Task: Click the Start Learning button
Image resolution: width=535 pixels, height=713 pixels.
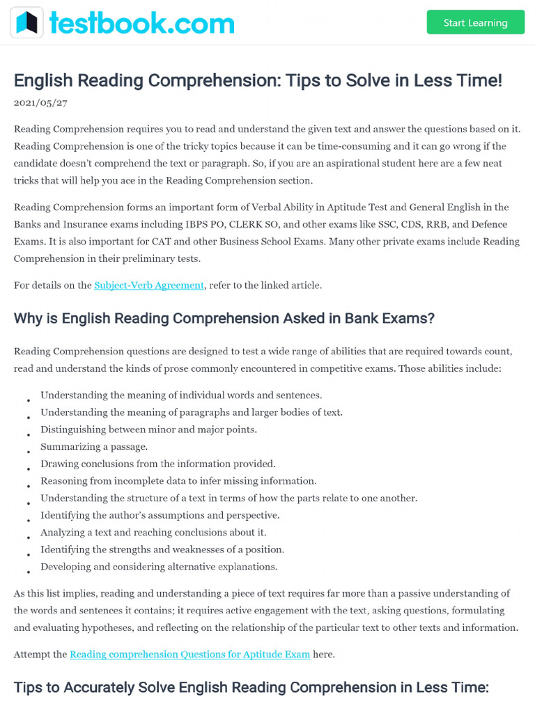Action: [475, 22]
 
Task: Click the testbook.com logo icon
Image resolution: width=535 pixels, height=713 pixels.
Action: [26, 23]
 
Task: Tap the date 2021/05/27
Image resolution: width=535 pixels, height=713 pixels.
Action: [40, 102]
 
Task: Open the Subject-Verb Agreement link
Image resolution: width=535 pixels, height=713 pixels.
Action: [149, 285]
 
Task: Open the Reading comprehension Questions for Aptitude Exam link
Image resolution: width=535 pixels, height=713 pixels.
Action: [189, 655]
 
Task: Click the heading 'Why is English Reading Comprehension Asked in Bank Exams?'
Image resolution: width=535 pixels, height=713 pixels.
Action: [224, 318]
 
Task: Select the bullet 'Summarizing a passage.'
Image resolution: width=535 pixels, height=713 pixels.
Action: [94, 446]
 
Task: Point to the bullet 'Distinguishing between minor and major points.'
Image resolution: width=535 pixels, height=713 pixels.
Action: [148, 430]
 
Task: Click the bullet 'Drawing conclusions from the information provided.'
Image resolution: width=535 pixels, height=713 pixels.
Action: [158, 464]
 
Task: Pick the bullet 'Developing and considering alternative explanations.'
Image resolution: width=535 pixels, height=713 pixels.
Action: [159, 567]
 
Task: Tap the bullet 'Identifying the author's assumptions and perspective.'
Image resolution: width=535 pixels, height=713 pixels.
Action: [160, 515]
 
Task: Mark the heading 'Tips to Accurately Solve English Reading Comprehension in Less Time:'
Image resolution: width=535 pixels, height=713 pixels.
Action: [251, 687]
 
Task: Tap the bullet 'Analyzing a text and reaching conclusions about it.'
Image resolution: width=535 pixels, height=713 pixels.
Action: [153, 533]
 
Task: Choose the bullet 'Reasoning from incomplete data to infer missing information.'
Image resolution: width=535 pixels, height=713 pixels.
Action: [178, 481]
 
